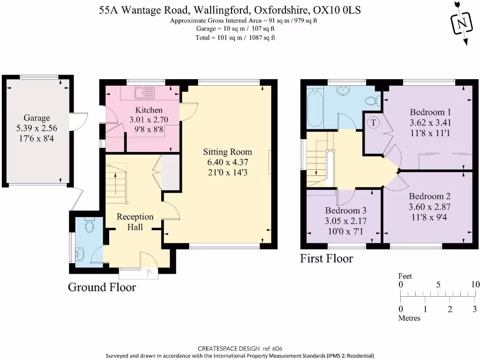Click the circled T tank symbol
[x=374, y=122]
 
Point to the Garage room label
[x=37, y=118]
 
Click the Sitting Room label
[x=227, y=152]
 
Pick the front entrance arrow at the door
[x=150, y=272]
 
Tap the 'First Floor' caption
[x=326, y=258]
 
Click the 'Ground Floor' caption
[x=102, y=287]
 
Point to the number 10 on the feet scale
[x=475, y=285]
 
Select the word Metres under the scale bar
[x=409, y=318]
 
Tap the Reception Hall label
[x=135, y=222]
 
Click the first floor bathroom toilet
[x=372, y=100]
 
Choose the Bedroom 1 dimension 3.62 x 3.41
[x=430, y=123]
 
